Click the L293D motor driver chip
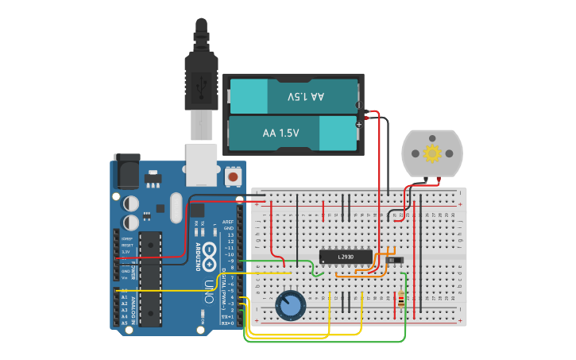pos(345,257)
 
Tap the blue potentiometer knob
pos(290,305)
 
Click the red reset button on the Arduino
pos(234,175)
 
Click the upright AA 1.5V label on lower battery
pos(281,133)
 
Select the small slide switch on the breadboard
pos(395,259)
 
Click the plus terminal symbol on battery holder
pos(359,124)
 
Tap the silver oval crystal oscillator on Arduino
pos(176,207)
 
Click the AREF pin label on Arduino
pos(228,223)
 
